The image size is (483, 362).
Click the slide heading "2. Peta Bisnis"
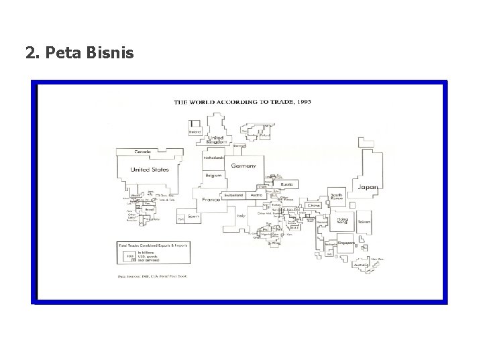coord(80,52)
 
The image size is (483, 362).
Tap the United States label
coord(150,170)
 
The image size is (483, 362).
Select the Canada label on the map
coord(142,152)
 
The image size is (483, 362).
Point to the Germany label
coord(244,166)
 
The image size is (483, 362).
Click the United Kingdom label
coord(216,139)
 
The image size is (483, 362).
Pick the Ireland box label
coord(195,132)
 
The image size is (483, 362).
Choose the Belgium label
coord(213,175)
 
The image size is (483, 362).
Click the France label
coord(211,200)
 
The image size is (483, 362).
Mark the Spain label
coord(193,217)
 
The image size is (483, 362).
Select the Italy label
coord(240,216)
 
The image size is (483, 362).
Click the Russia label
coord(287,182)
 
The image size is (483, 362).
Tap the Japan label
coord(368,187)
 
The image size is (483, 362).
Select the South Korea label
coord(337,197)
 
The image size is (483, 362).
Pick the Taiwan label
coord(364,221)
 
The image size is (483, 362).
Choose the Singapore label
coord(346,243)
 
